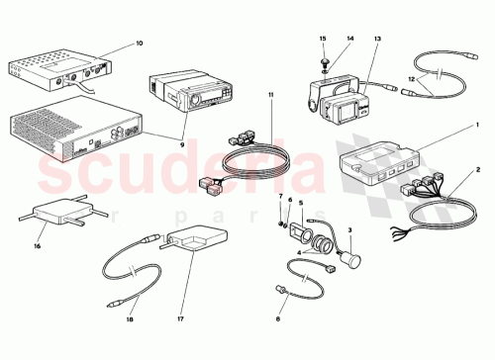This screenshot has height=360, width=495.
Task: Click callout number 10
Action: (x=139, y=44)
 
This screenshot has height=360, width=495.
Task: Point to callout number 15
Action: (x=322, y=38)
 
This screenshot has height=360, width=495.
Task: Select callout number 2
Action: (x=479, y=170)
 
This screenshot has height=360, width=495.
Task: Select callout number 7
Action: (x=279, y=197)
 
